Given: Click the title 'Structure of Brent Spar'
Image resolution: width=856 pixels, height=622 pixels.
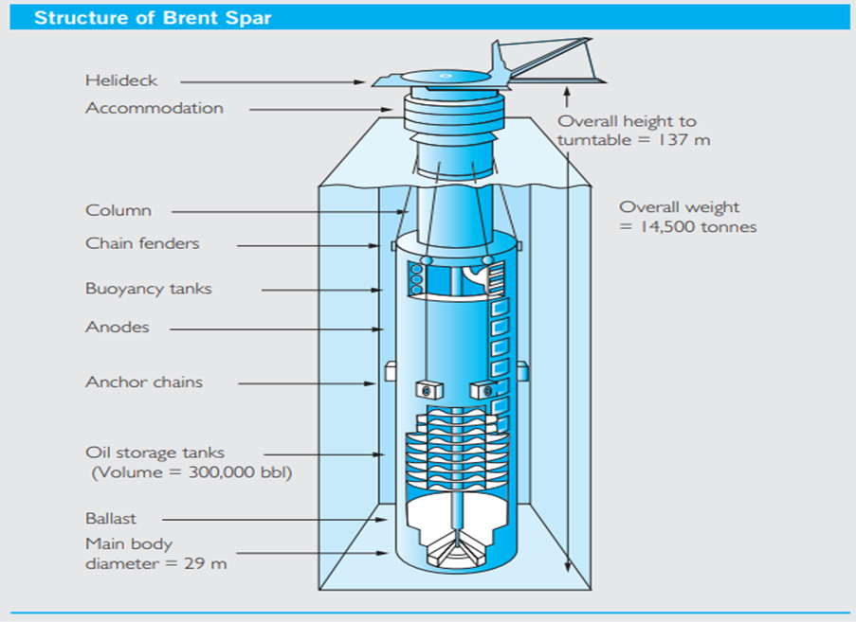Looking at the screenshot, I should tap(153, 18).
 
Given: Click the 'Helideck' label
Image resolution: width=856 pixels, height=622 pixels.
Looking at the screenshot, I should tap(121, 81).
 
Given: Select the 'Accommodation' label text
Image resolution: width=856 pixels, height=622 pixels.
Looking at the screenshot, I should tap(155, 108).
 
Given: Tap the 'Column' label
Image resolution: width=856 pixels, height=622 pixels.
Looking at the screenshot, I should tap(118, 211).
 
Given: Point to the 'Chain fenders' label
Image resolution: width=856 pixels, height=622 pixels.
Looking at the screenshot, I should tap(142, 244).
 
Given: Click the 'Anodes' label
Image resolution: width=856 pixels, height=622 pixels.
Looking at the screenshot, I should tap(117, 328).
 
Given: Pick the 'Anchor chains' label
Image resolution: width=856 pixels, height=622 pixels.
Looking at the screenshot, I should tap(144, 382).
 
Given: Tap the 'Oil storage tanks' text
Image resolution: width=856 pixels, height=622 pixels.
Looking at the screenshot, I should tap(155, 453).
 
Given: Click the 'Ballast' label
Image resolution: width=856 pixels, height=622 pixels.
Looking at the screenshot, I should tap(111, 519).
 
